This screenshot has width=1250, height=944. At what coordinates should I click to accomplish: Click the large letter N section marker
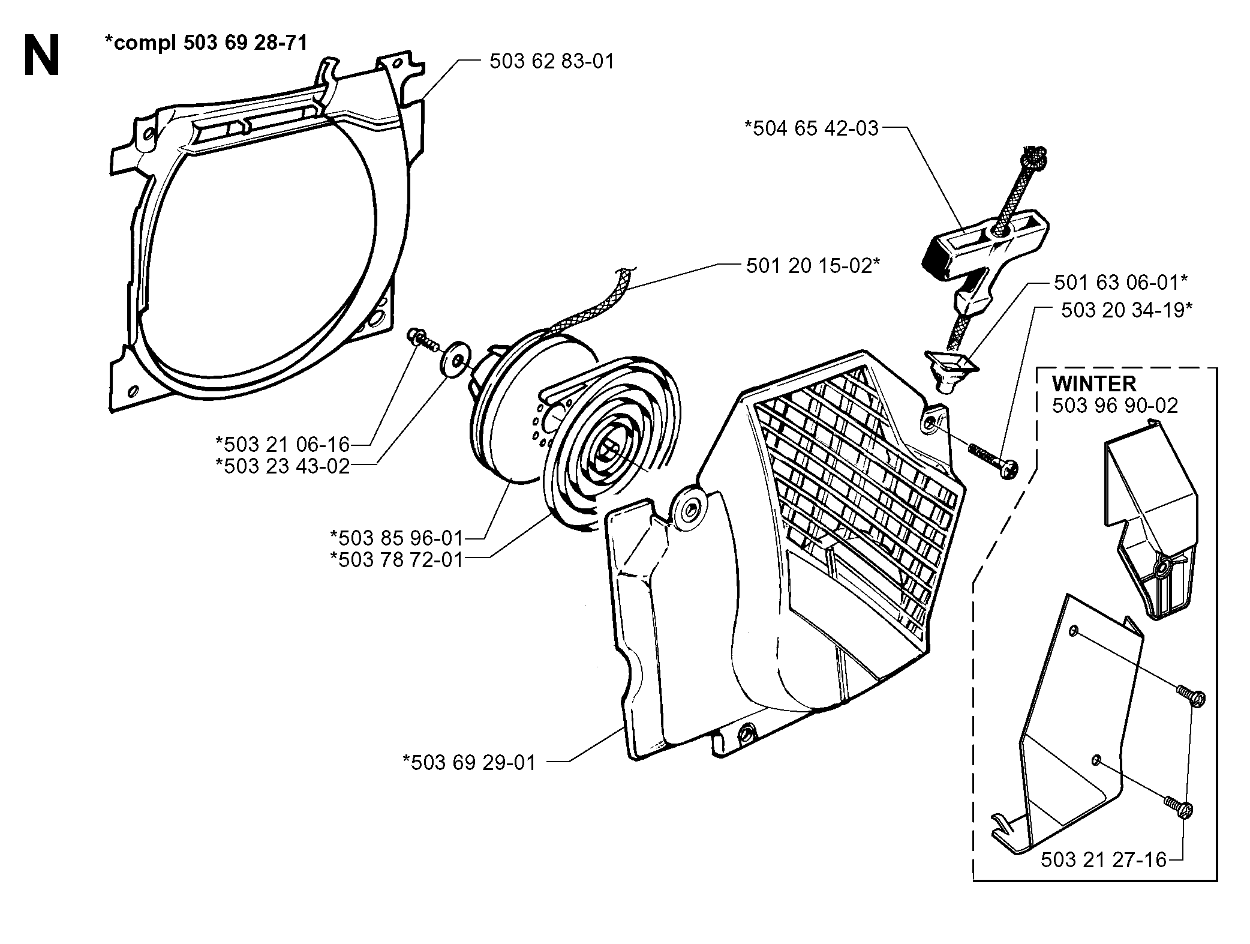(42, 55)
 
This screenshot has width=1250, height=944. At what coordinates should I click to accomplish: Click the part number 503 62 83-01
(552, 62)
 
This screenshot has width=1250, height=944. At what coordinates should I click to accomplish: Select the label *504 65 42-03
(811, 128)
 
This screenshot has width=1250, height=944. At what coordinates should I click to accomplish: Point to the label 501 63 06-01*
(1121, 282)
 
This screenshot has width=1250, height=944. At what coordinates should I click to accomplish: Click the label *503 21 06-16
(283, 445)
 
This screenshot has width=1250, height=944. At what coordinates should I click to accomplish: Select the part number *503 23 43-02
(283, 466)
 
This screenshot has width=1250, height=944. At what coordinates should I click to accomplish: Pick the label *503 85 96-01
(397, 537)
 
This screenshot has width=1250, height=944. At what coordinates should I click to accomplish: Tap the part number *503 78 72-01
(397, 559)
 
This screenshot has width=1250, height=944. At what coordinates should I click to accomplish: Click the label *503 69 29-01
(469, 763)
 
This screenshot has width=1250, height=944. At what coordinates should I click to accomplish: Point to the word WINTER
(1094, 383)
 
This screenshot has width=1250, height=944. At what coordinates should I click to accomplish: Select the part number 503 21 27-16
(1103, 860)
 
